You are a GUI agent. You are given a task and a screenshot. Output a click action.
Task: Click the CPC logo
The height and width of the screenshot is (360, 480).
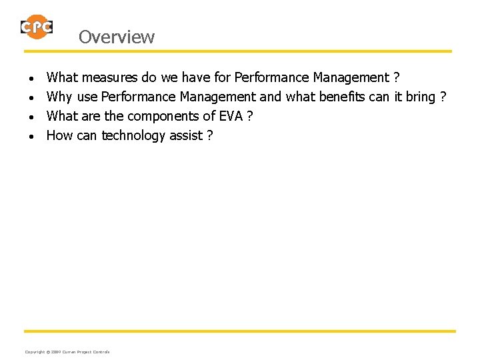click(36, 27)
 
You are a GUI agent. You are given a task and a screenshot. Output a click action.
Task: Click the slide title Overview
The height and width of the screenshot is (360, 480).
click(116, 37)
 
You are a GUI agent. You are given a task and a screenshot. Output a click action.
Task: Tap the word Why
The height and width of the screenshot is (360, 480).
click(59, 97)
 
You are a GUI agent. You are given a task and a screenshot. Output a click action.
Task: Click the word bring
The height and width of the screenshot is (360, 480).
click(420, 97)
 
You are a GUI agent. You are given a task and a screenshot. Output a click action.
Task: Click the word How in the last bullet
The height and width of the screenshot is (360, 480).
click(59, 136)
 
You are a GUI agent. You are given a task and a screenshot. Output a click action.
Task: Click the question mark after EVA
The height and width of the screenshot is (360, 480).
click(249, 117)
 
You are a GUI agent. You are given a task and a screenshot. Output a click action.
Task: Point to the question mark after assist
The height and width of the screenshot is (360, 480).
click(209, 136)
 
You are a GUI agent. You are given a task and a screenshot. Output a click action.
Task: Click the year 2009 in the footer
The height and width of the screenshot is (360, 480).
click(55, 352)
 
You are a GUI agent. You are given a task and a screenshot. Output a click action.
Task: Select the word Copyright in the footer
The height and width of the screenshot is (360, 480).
click(34, 352)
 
